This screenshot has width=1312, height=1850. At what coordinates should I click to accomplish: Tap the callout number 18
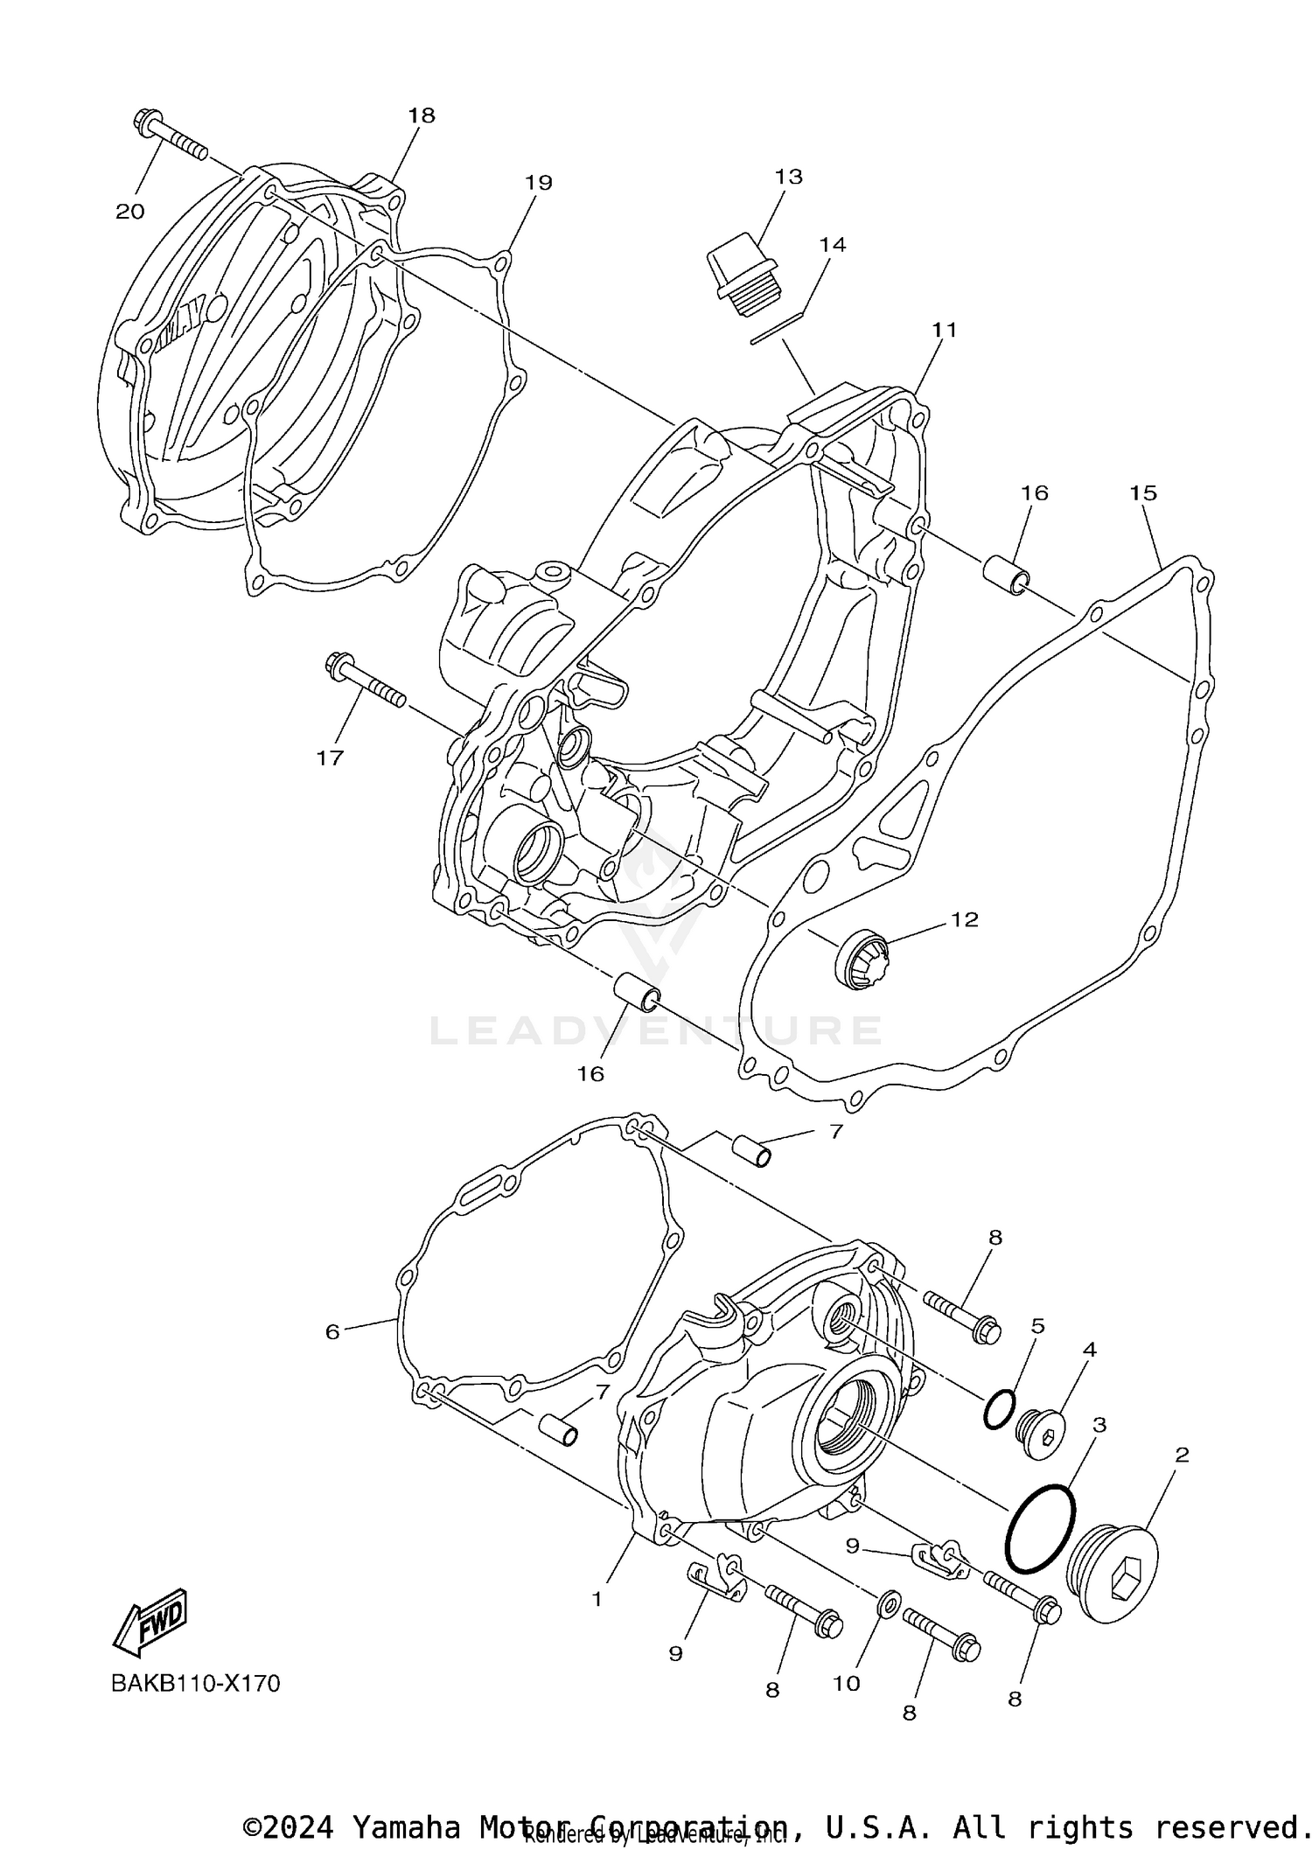point(421,115)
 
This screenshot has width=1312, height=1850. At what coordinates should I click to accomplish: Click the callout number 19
point(539,183)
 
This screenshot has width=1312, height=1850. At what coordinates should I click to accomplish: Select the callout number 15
point(1142,493)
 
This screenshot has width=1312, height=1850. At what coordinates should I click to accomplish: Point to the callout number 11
point(944,330)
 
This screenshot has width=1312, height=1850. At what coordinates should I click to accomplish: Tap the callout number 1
point(597,1599)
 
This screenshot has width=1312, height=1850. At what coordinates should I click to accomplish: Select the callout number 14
point(832,245)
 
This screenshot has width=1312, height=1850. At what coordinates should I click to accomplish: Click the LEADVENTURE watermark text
point(656,1030)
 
